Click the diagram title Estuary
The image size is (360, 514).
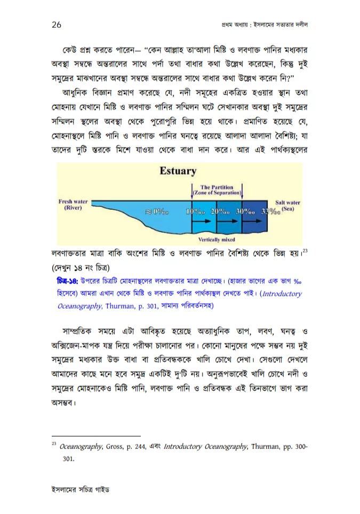(x=178, y=171)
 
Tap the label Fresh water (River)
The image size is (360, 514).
(x=73, y=205)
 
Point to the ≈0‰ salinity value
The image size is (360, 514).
(x=157, y=211)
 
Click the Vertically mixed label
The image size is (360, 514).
(x=217, y=240)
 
